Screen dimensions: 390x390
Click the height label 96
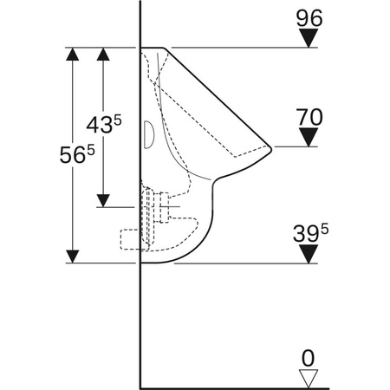click(309, 18)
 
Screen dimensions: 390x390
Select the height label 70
click(309, 117)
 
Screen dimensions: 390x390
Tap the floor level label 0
click(308, 359)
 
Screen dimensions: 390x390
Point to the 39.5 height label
click(310, 233)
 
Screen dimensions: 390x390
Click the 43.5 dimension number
click(104, 124)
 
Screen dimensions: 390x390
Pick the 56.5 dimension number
click(77, 154)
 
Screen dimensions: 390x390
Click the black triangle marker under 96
click(309, 38)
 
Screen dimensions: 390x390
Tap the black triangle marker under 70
click(309, 137)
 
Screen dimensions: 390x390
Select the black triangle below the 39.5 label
click(309, 254)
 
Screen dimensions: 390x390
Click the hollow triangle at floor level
click(309, 379)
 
